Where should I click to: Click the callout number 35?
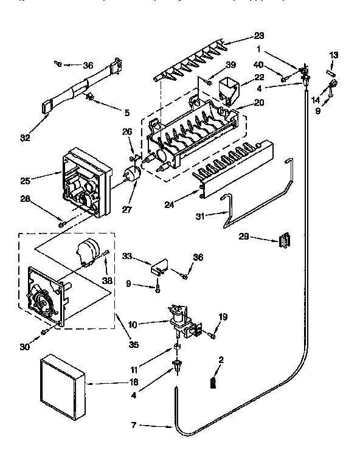[134, 345]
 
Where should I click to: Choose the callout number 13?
[333, 55]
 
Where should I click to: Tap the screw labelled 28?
[61, 224]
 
